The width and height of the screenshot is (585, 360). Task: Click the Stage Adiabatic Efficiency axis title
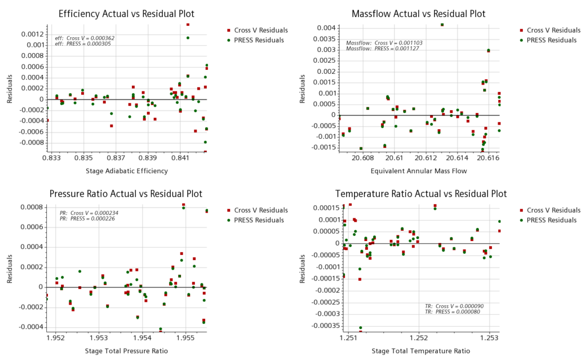click(127, 170)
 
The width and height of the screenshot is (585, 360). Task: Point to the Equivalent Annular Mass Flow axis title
click(419, 170)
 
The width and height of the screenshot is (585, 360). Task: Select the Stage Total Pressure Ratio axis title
click(127, 350)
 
